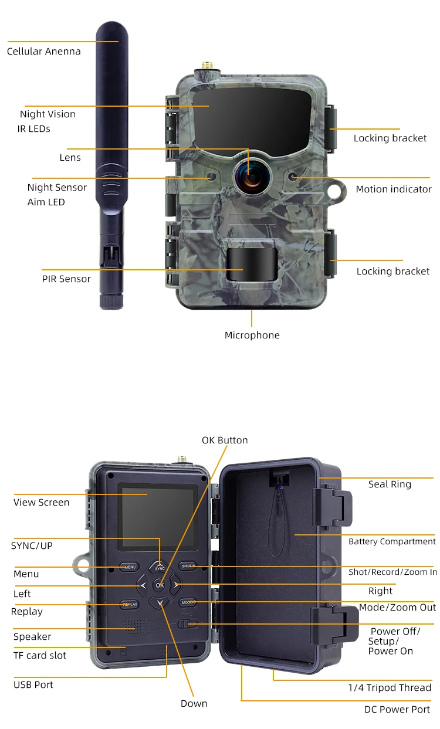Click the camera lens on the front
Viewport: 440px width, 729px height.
point(249,175)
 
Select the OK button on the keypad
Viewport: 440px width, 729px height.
point(160,585)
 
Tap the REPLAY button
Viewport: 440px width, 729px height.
point(130,604)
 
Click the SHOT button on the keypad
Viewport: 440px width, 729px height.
point(188,566)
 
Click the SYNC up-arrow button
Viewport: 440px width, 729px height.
point(160,567)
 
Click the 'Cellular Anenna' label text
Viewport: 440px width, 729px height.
point(44,52)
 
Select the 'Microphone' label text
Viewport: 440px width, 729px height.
point(252,335)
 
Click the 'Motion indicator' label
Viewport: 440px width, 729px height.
point(393,189)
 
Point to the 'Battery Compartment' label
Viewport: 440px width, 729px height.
point(391,542)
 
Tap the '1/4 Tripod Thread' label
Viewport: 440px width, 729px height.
point(390,688)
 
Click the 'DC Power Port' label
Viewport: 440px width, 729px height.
point(397,710)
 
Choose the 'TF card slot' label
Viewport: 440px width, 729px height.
point(40,656)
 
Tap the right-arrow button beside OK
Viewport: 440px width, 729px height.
point(176,585)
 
